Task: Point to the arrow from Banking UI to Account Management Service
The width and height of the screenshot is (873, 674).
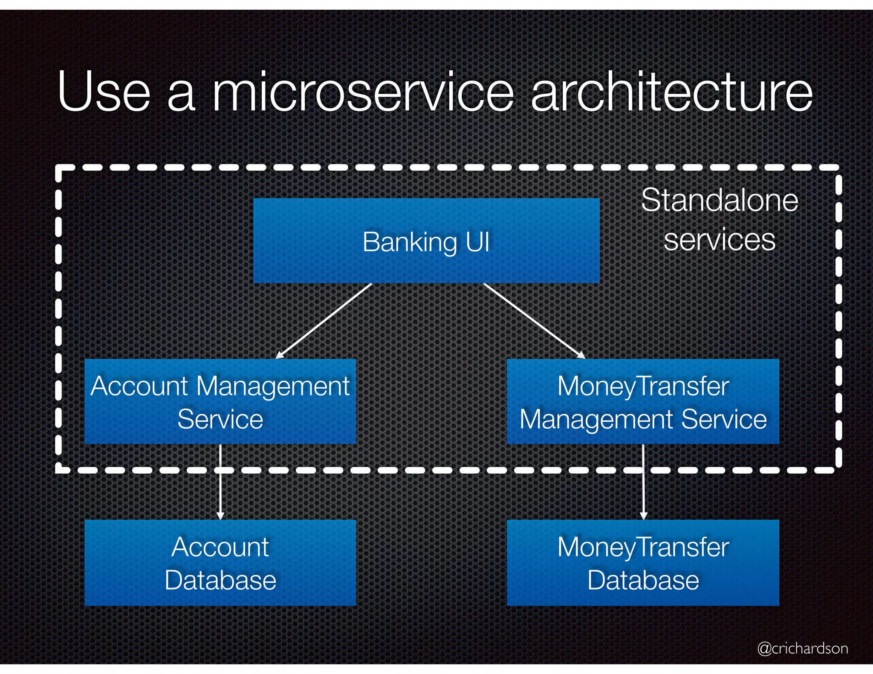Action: [324, 321]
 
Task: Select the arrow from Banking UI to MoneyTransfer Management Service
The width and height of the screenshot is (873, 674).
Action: [534, 321]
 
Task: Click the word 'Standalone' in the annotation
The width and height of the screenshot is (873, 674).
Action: [720, 200]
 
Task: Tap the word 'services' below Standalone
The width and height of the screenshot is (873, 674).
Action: [720, 239]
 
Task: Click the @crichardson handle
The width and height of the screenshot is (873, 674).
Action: [802, 648]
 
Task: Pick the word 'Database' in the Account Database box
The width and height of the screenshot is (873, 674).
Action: [220, 580]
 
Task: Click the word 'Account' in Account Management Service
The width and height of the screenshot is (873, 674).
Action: [139, 386]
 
